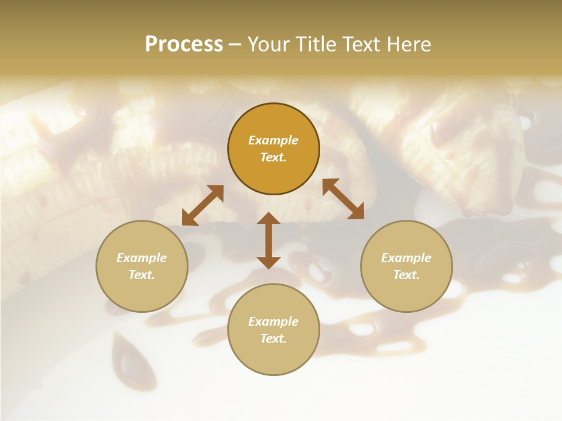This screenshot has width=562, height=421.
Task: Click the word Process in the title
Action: click(x=184, y=44)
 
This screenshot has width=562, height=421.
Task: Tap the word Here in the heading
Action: click(x=408, y=44)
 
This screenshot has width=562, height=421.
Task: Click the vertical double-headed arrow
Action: click(x=269, y=240)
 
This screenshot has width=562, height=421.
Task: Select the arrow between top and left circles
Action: click(x=203, y=205)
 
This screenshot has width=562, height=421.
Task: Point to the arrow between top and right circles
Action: click(x=344, y=199)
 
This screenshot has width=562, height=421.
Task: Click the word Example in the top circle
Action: click(x=273, y=140)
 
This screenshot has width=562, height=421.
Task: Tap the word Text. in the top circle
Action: click(x=273, y=157)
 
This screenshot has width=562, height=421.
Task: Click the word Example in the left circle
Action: click(x=142, y=258)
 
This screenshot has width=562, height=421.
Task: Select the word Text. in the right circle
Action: click(x=406, y=275)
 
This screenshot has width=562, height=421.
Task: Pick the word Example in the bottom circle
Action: click(x=273, y=322)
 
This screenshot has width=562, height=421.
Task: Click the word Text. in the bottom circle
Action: click(x=273, y=339)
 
